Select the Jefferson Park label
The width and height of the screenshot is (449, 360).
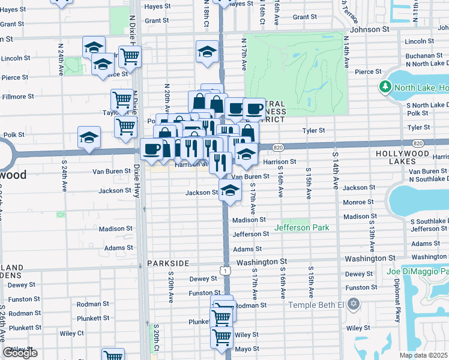point(301,227)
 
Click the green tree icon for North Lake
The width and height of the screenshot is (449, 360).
point(385,88)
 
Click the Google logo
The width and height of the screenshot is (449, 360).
point(20,353)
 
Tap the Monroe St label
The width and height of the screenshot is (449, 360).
point(359,203)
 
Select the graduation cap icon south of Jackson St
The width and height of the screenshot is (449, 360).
point(229,191)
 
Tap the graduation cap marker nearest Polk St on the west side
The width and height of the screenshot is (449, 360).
point(89,137)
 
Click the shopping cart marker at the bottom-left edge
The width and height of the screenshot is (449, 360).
point(112,356)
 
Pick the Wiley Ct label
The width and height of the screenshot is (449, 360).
point(71,332)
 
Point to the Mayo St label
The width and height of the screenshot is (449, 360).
point(246,348)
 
